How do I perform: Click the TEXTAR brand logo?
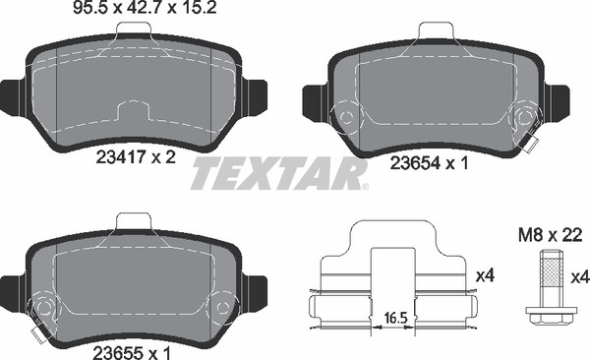(280, 173)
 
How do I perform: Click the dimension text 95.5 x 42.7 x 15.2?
(145, 8)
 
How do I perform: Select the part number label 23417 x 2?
(136, 157)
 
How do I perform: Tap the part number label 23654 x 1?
(429, 163)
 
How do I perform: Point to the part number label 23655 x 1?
(132, 353)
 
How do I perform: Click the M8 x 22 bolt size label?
(550, 236)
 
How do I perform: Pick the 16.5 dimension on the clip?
(396, 319)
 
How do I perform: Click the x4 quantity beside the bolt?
(579, 278)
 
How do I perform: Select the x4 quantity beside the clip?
(485, 276)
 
